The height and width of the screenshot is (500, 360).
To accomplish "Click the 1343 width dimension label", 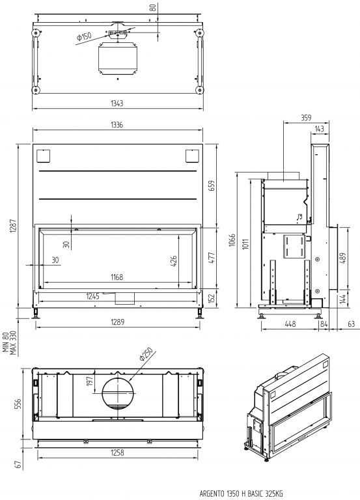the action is point(117,104).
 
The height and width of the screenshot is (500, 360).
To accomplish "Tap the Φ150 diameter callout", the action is point(84,36).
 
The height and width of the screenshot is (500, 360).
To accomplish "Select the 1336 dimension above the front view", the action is point(117,125).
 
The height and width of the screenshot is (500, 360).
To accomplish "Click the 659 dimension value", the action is point(212,186).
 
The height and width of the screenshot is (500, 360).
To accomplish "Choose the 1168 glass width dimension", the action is point(117,277).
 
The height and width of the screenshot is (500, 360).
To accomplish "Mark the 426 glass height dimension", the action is point(174,261).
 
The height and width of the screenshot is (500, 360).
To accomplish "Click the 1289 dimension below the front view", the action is point(118,322).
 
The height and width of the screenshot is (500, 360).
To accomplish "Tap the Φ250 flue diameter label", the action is point(146,354).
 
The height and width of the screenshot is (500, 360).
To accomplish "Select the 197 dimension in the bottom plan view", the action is point(90,381).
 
